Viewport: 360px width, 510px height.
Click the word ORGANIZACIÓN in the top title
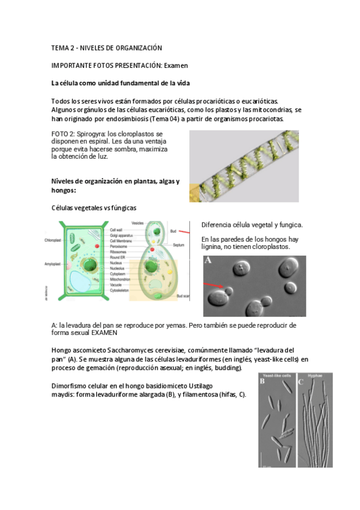pyautogui.click(x=136, y=48)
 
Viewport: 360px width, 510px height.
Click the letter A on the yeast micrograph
pyautogui.click(x=209, y=262)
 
